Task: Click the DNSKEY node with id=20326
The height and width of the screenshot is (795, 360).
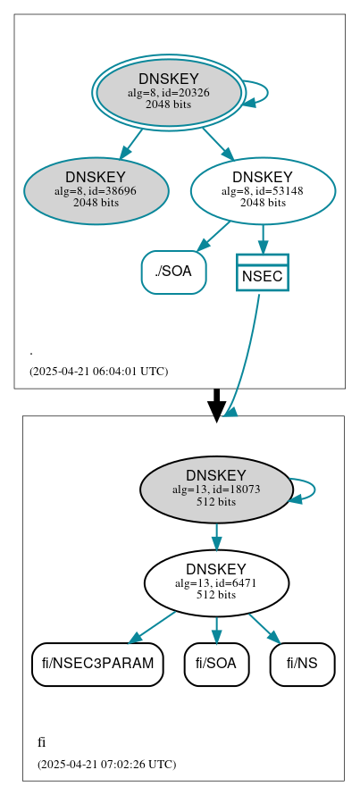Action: click(x=168, y=92)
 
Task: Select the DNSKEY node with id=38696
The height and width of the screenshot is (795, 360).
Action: click(x=96, y=190)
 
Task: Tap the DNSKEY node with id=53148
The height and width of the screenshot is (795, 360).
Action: click(x=263, y=190)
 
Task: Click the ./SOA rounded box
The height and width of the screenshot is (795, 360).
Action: click(x=173, y=272)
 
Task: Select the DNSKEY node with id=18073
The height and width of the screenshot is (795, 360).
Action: click(x=216, y=489)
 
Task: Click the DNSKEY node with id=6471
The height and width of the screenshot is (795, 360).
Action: click(x=216, y=582)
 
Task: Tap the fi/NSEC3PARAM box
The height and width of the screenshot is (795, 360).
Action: click(x=97, y=664)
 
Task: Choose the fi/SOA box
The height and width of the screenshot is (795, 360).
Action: click(x=216, y=664)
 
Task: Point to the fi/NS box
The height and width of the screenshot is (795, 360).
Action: click(x=302, y=664)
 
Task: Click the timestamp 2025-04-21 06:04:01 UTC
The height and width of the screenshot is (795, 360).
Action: click(x=98, y=371)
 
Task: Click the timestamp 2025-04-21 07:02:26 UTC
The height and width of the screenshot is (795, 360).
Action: click(x=106, y=764)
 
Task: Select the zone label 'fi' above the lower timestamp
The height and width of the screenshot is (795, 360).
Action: click(x=42, y=742)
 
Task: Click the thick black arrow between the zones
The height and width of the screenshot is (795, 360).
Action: click(x=216, y=404)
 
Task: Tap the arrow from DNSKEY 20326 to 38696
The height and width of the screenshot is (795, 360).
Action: click(x=130, y=143)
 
